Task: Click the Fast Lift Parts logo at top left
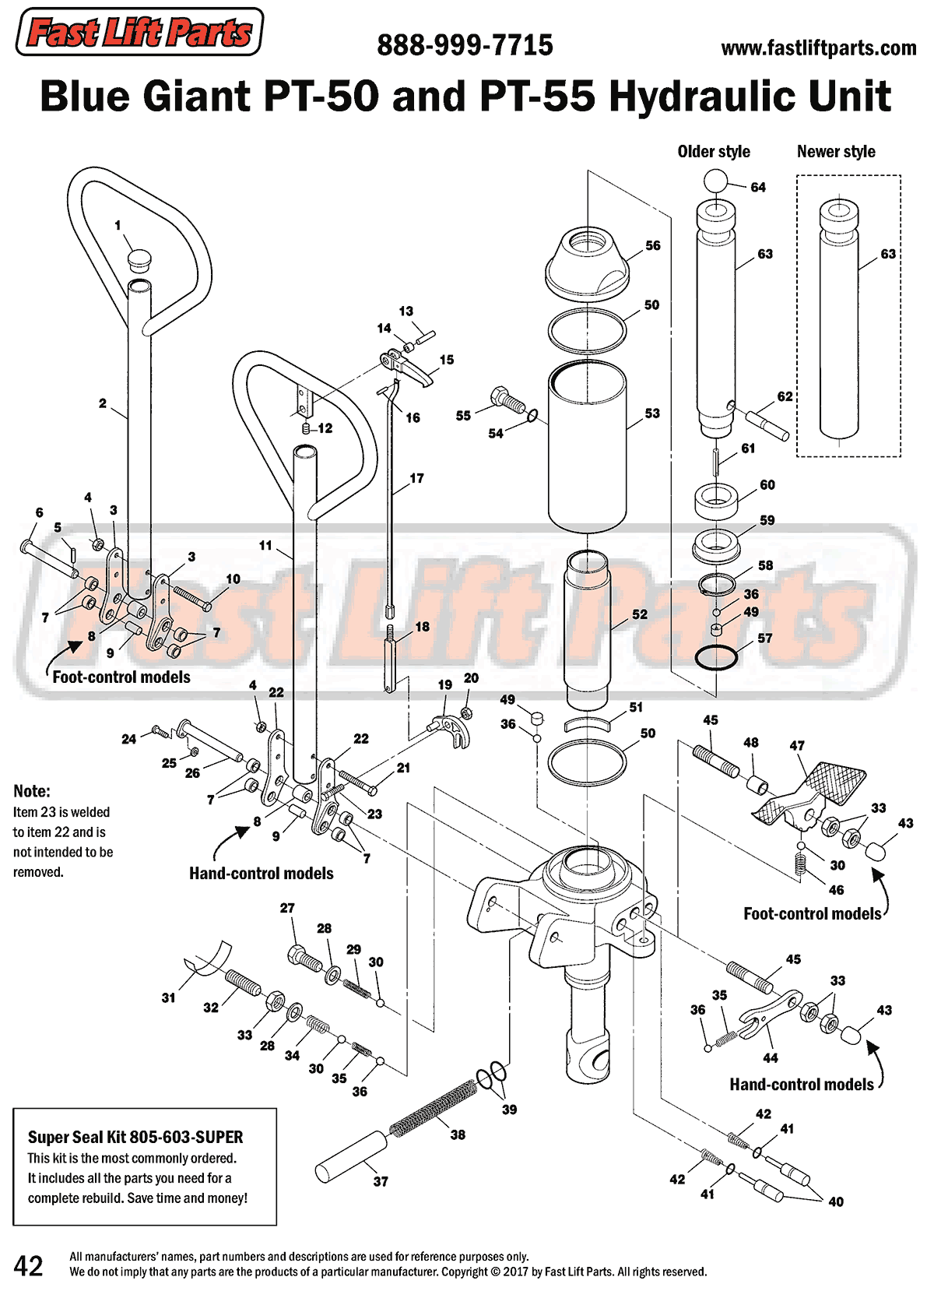[x=140, y=32]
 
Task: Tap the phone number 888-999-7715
[x=465, y=45]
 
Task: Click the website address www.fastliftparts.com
[x=818, y=48]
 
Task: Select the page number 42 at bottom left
[x=29, y=1265]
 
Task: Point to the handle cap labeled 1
[x=140, y=257]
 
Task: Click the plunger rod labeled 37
[x=349, y=1157]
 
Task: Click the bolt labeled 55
[x=507, y=400]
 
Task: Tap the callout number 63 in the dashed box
[x=888, y=254]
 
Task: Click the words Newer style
[x=836, y=152]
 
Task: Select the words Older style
[x=714, y=152]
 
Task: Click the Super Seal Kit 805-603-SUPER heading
[x=135, y=1137]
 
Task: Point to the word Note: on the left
[x=32, y=791]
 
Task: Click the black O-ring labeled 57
[x=715, y=658]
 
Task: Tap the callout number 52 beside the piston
[x=640, y=614]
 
